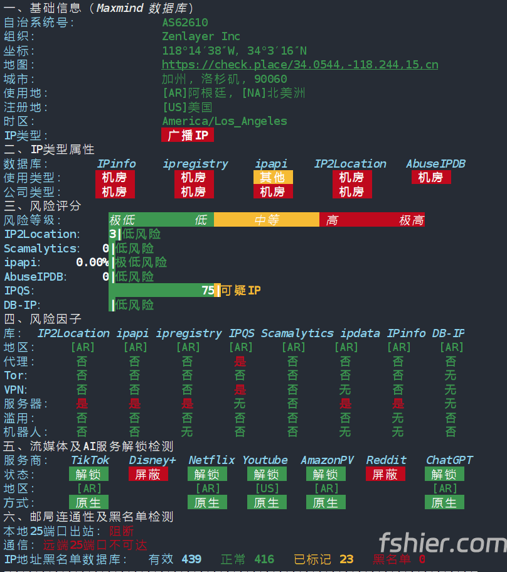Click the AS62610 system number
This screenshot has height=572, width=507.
pos(185,23)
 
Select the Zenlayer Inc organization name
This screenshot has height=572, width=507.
pos(201,36)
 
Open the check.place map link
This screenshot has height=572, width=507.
pos(300,65)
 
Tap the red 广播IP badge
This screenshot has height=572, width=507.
pos(188,136)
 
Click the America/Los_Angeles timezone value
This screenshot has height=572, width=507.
pos(225,121)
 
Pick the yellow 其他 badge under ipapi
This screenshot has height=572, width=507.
pos(273,177)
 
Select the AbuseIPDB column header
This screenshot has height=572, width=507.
pos(436,164)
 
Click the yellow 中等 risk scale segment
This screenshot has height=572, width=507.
pos(267,220)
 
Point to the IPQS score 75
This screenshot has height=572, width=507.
pos(208,290)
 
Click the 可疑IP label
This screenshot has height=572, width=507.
pos(240,290)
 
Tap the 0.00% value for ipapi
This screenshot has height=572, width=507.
pos(92,262)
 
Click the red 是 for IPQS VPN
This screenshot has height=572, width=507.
pos(240,390)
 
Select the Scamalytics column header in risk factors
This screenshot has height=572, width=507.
pos(297,333)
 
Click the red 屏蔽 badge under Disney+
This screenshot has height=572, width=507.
pos(148,474)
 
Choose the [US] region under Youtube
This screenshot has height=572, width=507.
pos(267,488)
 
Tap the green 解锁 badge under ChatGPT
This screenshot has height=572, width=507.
pos(444,474)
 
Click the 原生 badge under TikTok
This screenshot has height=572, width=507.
pos(88,502)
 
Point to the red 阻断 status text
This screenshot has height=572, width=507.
pos(121,531)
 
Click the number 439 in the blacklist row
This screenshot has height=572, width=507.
pos(191,559)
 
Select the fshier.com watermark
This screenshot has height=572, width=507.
pos(442,542)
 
